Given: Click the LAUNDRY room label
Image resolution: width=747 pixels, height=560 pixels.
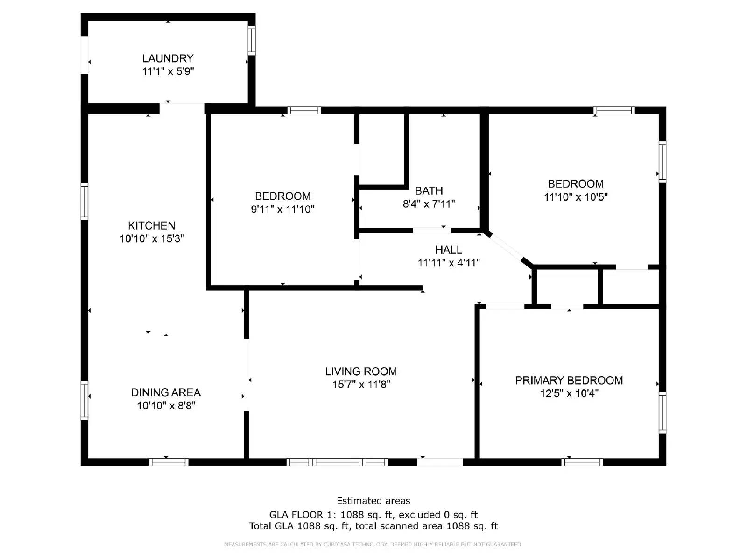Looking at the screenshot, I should [168, 58].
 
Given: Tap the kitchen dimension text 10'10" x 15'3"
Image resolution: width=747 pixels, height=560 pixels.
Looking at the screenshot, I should [152, 238].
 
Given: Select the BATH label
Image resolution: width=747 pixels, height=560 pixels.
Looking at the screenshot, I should [429, 190].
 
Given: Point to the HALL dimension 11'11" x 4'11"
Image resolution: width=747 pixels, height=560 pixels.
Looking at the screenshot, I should [449, 263].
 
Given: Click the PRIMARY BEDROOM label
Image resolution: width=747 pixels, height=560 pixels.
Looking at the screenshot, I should [569, 380].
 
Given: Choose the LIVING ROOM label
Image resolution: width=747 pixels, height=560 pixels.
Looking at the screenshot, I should [361, 371].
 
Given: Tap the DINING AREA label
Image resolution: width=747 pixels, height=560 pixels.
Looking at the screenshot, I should [166, 392].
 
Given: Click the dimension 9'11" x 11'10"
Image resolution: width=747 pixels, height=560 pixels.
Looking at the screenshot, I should [282, 209].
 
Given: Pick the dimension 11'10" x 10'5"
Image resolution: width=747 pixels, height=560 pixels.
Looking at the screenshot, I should [575, 196].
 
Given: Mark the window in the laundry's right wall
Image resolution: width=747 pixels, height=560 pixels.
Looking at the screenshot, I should [252, 40].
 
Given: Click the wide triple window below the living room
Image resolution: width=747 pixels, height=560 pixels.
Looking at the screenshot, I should [337, 462].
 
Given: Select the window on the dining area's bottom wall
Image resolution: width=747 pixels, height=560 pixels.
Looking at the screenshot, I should [169, 462].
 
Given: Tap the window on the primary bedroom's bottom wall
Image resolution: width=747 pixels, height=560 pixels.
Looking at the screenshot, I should [582, 462].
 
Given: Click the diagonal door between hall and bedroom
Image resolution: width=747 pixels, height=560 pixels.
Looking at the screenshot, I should [506, 247].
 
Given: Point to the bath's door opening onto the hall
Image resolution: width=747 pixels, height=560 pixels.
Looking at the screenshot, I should [431, 230].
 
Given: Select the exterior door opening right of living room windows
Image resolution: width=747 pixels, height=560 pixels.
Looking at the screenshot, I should [440, 462].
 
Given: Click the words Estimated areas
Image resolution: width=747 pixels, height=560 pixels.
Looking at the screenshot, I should [373, 501].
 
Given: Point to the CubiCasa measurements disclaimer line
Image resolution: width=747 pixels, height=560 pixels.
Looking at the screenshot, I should [373, 544].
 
